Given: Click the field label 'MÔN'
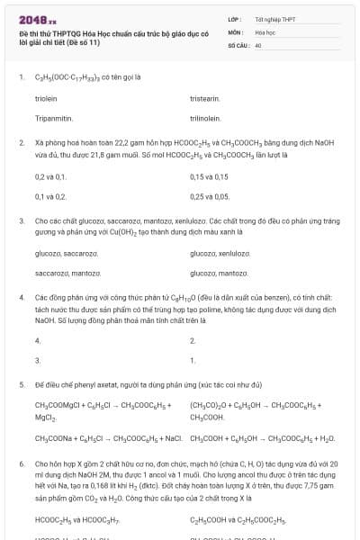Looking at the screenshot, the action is pyautogui.click(x=236, y=31).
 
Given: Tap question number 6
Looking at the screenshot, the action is pyautogui.click(x=21, y=462).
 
